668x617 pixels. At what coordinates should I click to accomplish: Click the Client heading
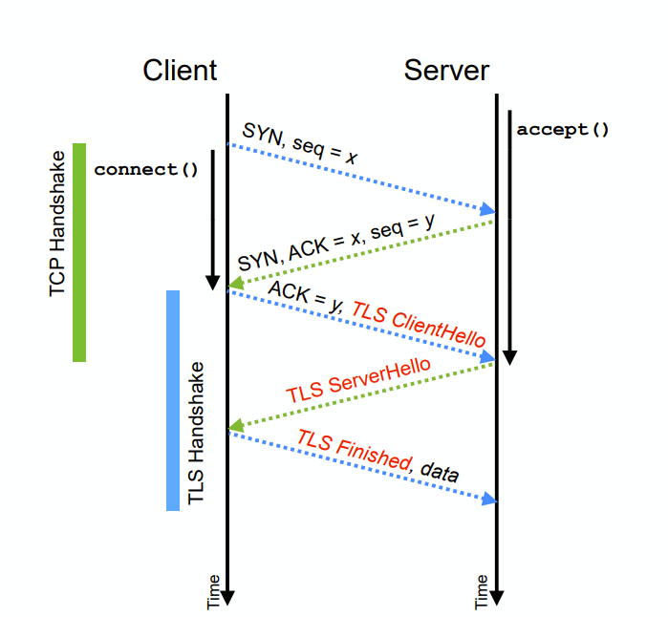[180, 71]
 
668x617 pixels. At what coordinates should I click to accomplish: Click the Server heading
[446, 71]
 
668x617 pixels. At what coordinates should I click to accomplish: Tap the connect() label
[146, 170]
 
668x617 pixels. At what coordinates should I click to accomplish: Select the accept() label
[563, 130]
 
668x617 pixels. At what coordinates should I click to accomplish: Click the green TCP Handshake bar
[79, 252]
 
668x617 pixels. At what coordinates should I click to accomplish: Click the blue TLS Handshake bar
[173, 400]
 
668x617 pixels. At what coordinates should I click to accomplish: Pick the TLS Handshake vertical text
[196, 434]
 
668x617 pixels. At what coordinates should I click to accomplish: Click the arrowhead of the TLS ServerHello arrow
[233, 426]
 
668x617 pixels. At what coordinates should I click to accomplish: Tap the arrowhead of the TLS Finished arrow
[490, 499]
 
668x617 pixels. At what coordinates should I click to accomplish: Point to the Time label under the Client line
[213, 591]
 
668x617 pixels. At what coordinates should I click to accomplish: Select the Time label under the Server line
[482, 591]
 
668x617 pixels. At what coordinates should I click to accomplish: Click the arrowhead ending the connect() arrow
[213, 282]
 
